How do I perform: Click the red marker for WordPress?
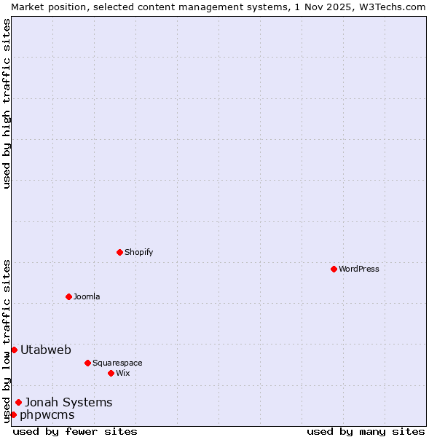pos(334,269)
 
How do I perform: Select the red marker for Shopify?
pos(119,252)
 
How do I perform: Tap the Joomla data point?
pos(68,296)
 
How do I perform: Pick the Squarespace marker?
pos(87,363)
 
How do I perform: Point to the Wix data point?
pos(111,373)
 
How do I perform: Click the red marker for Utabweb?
pos(14,350)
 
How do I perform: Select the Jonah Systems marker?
pos(18,402)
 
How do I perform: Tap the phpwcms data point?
pos(13,414)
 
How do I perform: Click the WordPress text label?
pos(359,269)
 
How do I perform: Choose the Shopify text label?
pos(139,252)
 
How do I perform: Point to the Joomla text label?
pos(87,296)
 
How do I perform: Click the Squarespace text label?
pos(117,363)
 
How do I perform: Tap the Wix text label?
pos(123,373)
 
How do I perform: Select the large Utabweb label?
pos(46,350)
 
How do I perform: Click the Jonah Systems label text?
pos(68,402)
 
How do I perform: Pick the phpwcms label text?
pos(47,414)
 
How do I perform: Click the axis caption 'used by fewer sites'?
pos(75,431)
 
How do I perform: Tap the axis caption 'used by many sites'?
pos(365,431)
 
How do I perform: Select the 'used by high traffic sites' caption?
pos(7,103)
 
